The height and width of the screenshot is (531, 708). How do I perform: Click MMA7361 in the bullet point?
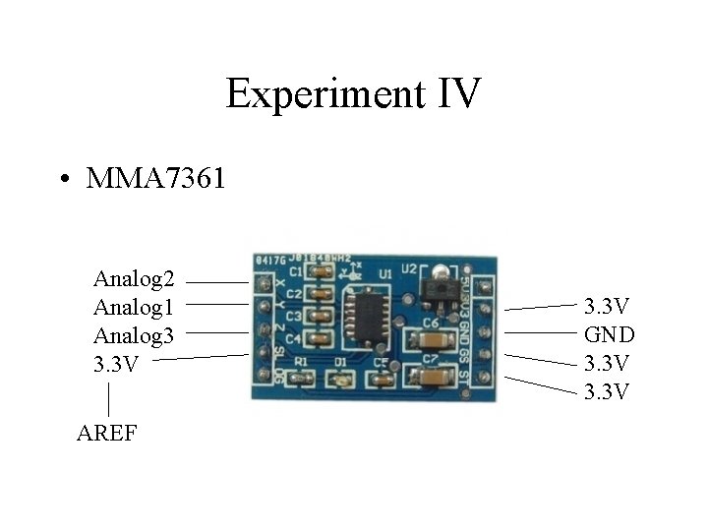pos(156,179)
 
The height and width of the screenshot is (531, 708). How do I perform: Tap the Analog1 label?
pos(134,307)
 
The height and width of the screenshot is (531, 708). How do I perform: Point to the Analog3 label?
pos(134,335)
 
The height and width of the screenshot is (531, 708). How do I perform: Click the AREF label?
pos(106,432)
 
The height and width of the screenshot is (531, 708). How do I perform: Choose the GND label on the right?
pos(609,333)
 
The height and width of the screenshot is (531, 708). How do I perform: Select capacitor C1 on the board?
pos(320,271)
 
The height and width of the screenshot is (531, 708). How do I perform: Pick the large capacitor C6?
pos(431,341)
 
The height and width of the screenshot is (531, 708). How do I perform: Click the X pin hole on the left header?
pos(263,285)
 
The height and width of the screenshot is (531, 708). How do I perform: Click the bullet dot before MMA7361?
pos(63,180)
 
